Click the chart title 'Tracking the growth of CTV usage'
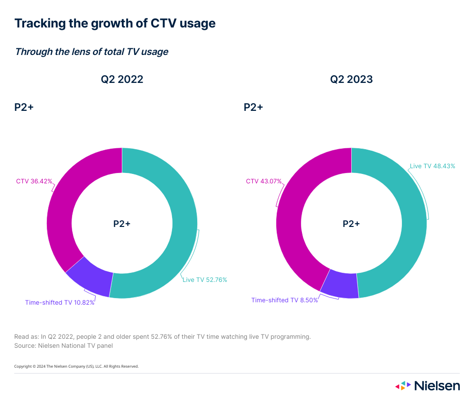[x=115, y=23]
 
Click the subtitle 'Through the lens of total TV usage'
[x=91, y=52]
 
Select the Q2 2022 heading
[x=122, y=79]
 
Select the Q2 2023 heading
[x=351, y=79]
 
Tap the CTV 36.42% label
[x=34, y=181]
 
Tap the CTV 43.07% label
[x=264, y=181]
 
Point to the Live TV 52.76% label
[x=205, y=280]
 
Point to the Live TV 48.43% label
[x=432, y=166]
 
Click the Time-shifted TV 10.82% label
[x=60, y=302]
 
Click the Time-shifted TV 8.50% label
[x=284, y=300]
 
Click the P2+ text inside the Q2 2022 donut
[x=122, y=224]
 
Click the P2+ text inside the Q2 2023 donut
[x=351, y=224]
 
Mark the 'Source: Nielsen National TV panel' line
[x=64, y=345]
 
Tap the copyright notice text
[x=76, y=366]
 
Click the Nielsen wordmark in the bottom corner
[x=437, y=386]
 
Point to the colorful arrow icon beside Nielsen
[x=403, y=386]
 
